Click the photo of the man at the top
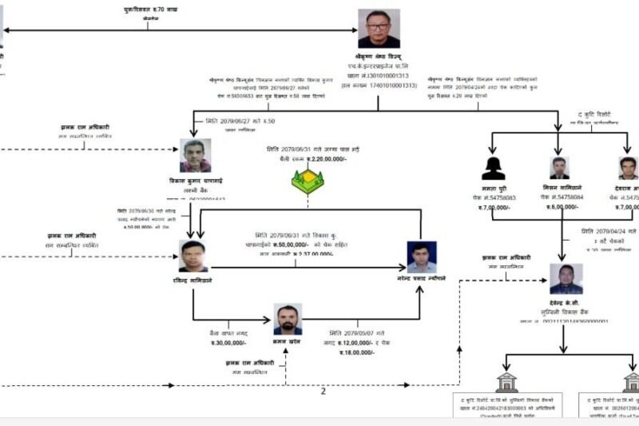click(379, 29)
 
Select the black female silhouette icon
click(493, 168)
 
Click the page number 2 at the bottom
click(323, 391)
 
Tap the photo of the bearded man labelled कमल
click(288, 318)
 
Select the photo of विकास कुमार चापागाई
click(196, 155)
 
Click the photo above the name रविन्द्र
click(193, 256)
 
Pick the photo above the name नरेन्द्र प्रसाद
click(422, 257)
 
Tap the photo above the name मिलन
click(560, 167)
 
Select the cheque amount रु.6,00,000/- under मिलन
click(561, 207)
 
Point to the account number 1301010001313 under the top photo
click(389, 77)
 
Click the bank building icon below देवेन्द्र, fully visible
click(506, 382)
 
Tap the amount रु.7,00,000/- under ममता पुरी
click(494, 207)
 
